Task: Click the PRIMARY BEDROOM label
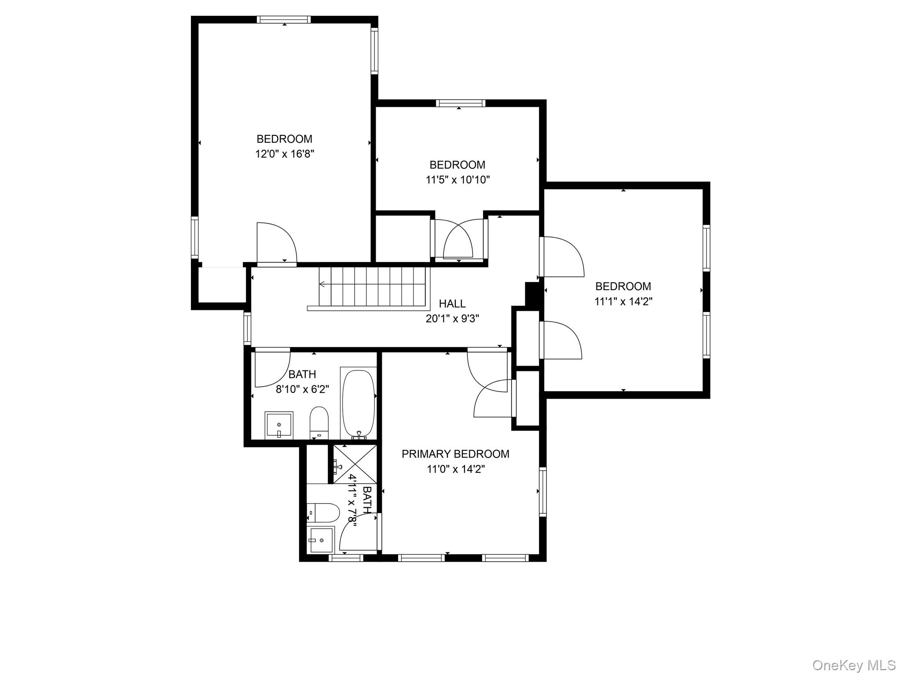coord(455,454)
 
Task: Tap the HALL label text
coord(452,304)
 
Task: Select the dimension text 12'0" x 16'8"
coord(285,154)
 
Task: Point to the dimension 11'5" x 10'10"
coord(458,180)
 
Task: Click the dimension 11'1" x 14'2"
coord(623,301)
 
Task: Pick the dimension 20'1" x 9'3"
coord(452,319)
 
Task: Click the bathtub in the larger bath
coord(359,403)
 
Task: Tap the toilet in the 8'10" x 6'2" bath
coord(319,423)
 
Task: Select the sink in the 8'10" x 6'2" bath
coord(279,425)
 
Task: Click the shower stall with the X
coord(355,464)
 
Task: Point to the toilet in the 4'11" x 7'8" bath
coord(323,513)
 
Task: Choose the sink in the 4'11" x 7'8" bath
coord(321,539)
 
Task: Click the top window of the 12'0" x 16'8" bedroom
coord(284,19)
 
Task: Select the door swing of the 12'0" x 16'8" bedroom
coord(277,243)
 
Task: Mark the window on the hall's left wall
coord(247,328)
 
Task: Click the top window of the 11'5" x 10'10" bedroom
coord(461,103)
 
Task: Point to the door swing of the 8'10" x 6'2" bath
coord(273,367)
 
